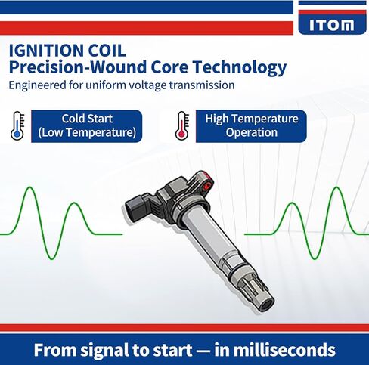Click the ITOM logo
pos(331,25)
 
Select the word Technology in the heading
pos(243,67)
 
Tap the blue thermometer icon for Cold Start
pos(17,125)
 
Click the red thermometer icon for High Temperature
pos(181,125)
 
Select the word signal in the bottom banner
pos(107,351)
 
